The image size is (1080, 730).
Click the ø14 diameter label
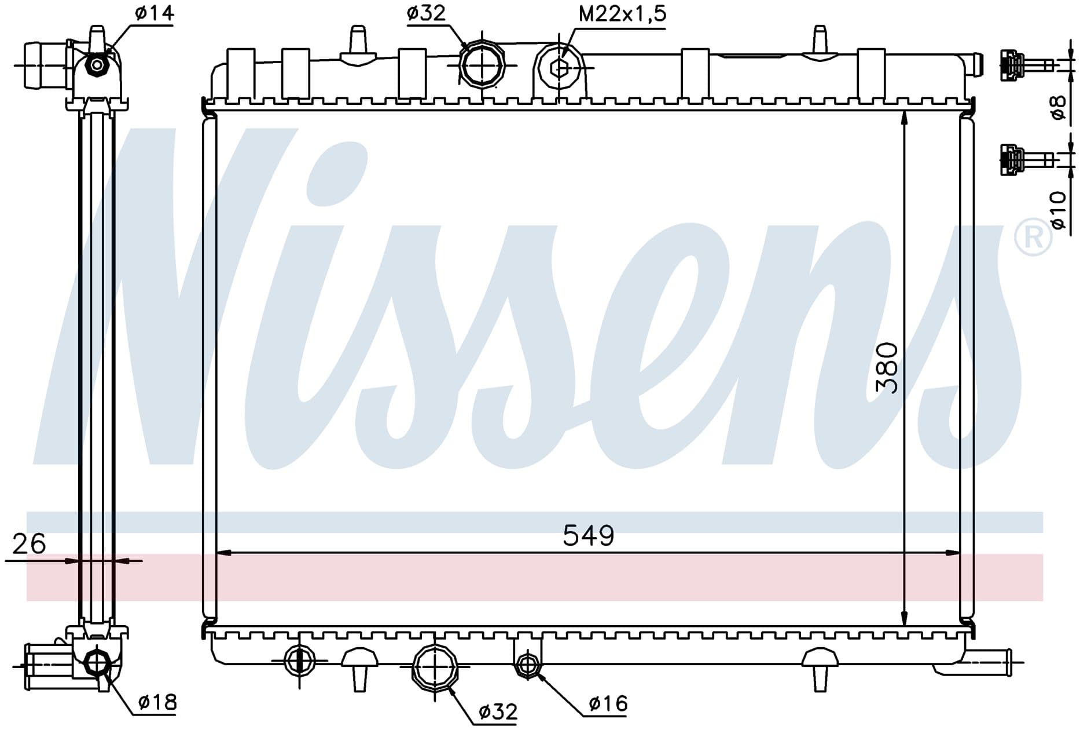[x=155, y=13]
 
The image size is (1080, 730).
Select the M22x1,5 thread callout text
[x=622, y=13]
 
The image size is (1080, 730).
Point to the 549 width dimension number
[x=588, y=535]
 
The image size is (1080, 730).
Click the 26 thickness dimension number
[x=29, y=544]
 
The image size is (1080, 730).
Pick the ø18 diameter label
[x=157, y=702]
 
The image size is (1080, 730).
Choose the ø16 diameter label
[x=608, y=703]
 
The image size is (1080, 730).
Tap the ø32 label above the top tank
[x=427, y=13]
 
